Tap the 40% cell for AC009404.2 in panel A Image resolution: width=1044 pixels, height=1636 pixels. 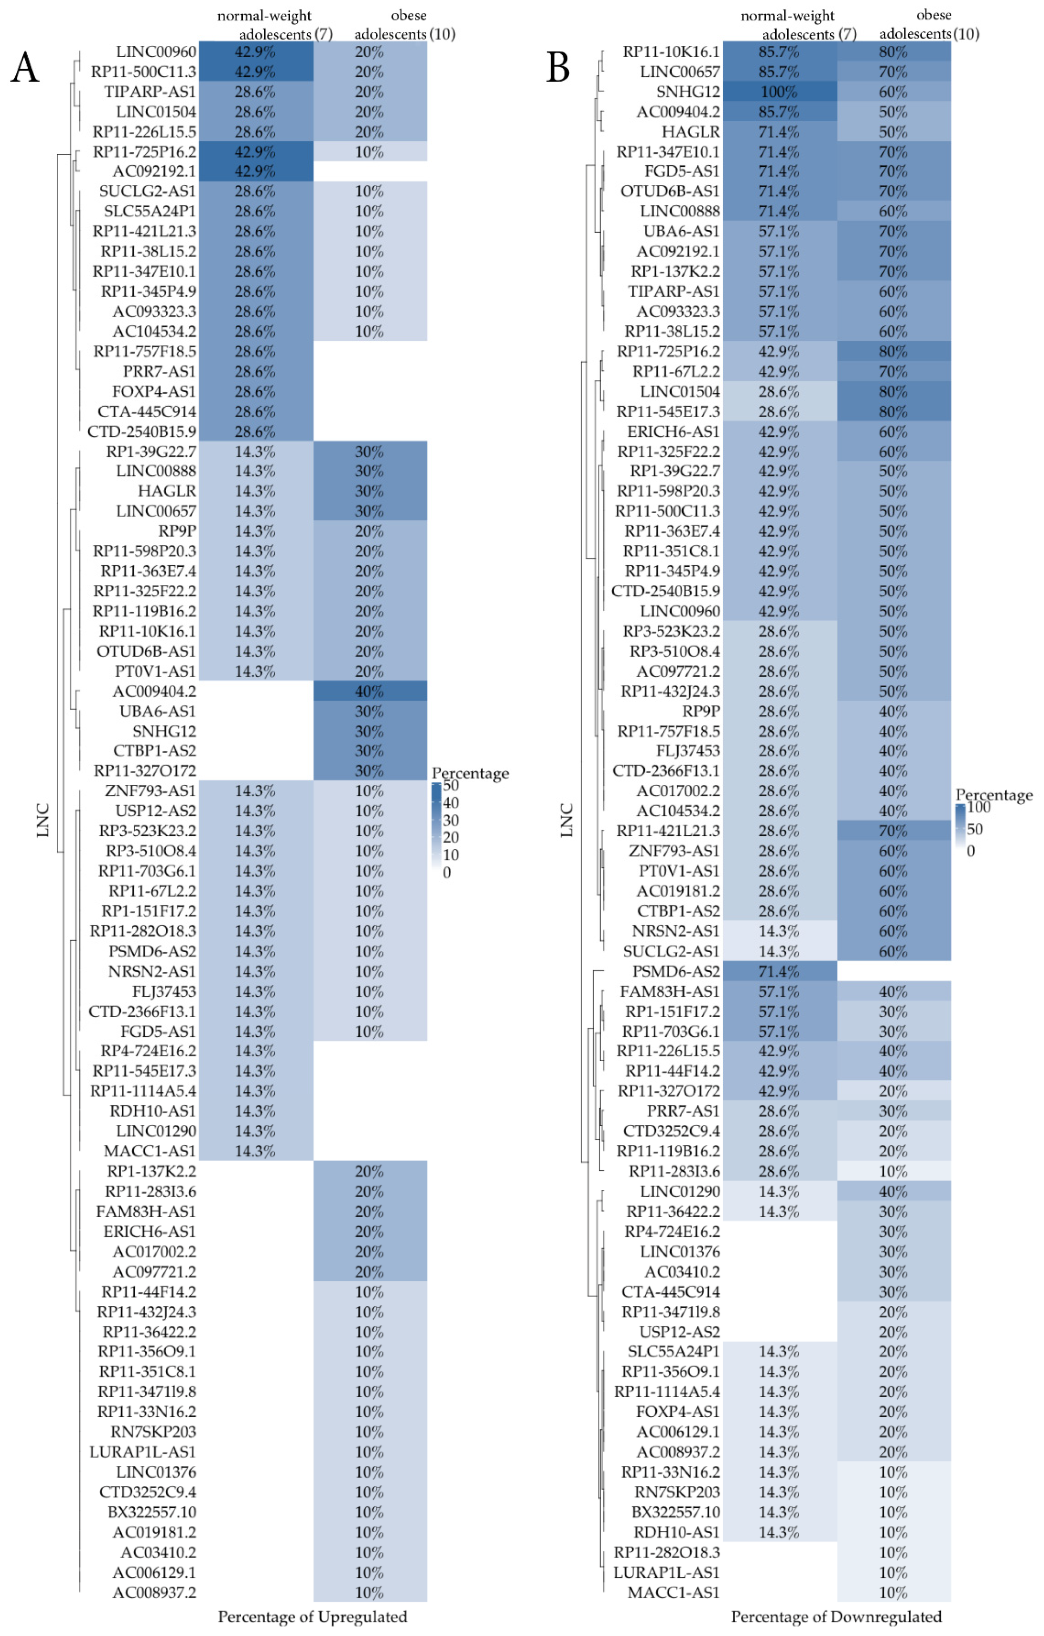pyautogui.click(x=369, y=691)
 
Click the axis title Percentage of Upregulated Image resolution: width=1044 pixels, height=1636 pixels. pyautogui.click(x=312, y=1616)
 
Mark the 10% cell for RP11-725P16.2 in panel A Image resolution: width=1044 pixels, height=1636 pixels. pyautogui.click(x=369, y=151)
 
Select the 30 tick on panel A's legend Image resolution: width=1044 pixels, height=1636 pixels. pyautogui.click(x=450, y=820)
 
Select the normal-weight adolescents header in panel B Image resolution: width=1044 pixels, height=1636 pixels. pyautogui.click(x=795, y=24)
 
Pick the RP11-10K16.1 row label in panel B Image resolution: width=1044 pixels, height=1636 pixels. pyautogui.click(x=671, y=52)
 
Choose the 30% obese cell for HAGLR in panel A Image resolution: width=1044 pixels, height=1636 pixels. pyautogui.click(x=369, y=491)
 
